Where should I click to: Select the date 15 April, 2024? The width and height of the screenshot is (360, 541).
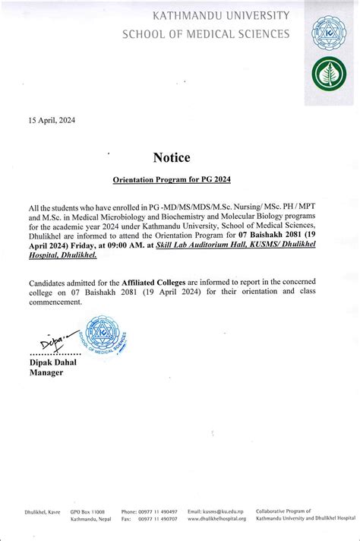click(52, 120)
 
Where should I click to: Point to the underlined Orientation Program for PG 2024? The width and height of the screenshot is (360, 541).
click(171, 179)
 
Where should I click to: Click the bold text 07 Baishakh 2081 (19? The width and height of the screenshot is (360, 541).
click(289, 236)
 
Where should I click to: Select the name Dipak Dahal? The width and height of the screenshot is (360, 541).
click(53, 362)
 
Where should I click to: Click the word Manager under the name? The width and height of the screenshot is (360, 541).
click(46, 372)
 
